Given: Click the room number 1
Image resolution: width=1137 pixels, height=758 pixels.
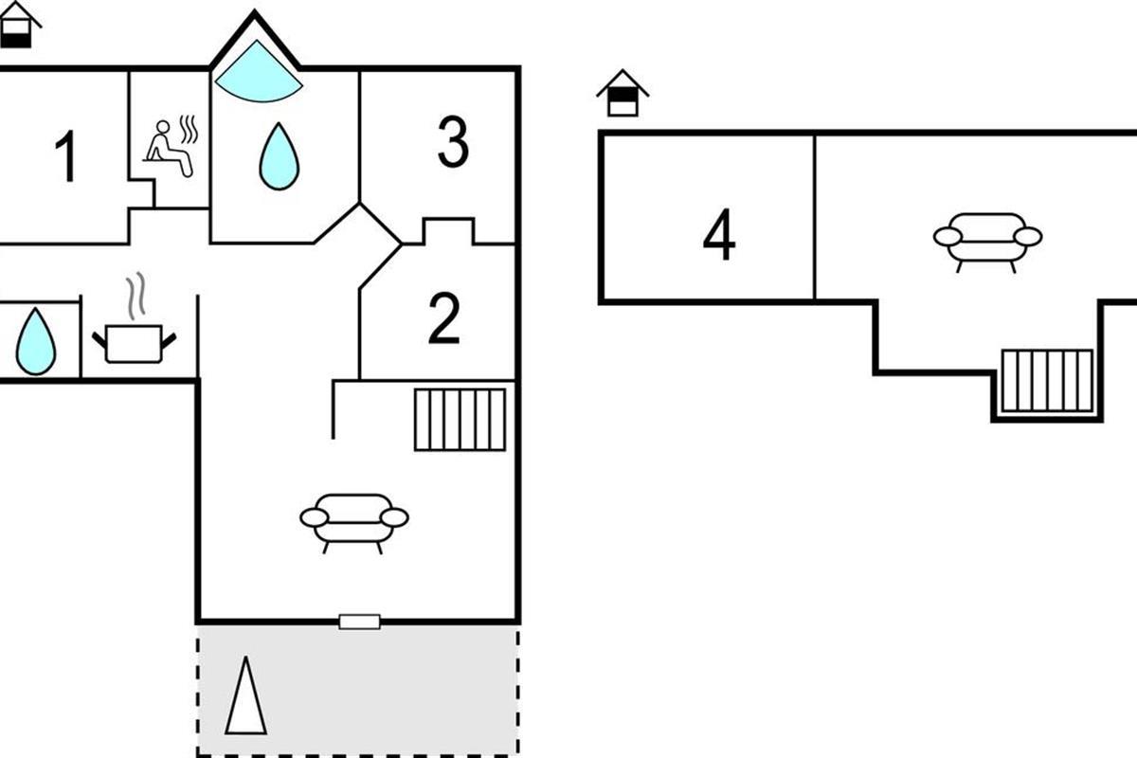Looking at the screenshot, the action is pyautogui.click(x=66, y=156).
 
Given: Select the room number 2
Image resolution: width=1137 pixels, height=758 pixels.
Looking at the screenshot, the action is pyautogui.click(x=444, y=319).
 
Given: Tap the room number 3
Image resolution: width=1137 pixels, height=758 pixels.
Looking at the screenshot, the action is pyautogui.click(x=453, y=141).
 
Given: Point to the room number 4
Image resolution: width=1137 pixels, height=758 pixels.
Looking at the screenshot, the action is pyautogui.click(x=719, y=234).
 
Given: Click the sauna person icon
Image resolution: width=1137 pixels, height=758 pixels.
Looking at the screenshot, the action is pyautogui.click(x=168, y=148).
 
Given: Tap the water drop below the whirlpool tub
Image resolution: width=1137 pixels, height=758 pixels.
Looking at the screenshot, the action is pyautogui.click(x=279, y=156).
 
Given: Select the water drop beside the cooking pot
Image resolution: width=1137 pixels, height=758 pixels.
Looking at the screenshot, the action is pyautogui.click(x=36, y=341).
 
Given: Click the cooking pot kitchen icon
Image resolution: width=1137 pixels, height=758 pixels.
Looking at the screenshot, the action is pyautogui.click(x=134, y=344).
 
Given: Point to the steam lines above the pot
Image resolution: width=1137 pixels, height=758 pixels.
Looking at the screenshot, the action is pyautogui.click(x=136, y=296).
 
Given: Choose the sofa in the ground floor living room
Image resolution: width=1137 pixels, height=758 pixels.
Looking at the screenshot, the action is pyautogui.click(x=354, y=523).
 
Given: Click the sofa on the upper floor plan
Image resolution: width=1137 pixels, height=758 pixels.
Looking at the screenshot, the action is pyautogui.click(x=987, y=243).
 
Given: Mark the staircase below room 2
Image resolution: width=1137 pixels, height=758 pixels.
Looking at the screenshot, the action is pyautogui.click(x=460, y=420).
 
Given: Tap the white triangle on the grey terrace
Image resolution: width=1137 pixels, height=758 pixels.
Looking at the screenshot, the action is pyautogui.click(x=246, y=695).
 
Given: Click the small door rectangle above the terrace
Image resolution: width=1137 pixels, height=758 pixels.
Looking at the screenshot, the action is pyautogui.click(x=359, y=622).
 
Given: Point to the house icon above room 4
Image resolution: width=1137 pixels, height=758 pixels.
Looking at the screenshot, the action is pyautogui.click(x=623, y=93).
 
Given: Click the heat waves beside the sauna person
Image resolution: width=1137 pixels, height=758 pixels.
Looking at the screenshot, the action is pyautogui.click(x=189, y=130).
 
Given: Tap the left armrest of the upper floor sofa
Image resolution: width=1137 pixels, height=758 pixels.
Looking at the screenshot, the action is pyautogui.click(x=947, y=237).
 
